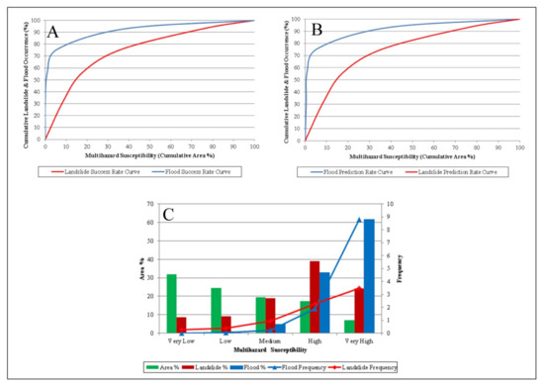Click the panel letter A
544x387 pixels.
pyautogui.click(x=52, y=33)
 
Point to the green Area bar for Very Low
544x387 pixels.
pyautogui.click(x=172, y=303)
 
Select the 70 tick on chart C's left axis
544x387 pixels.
pyautogui.click(x=152, y=204)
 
